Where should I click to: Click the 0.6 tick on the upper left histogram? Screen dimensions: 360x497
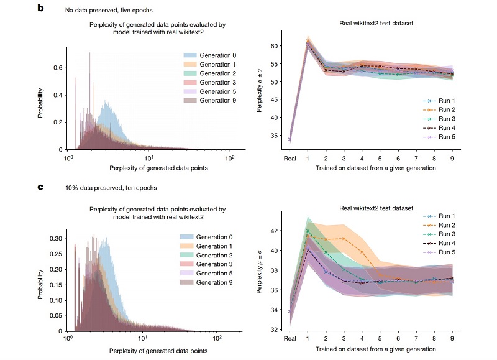coord(58,67)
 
